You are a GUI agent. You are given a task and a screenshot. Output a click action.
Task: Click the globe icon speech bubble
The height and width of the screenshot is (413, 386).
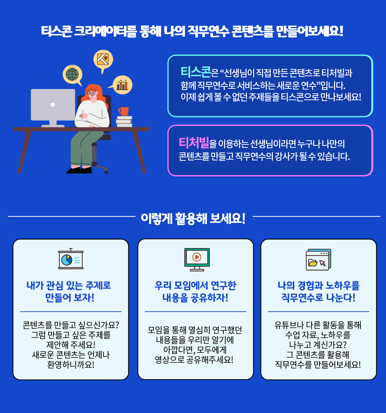pyautogui.click(x=72, y=74)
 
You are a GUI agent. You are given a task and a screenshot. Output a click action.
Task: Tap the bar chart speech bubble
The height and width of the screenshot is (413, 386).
pyautogui.click(x=122, y=85)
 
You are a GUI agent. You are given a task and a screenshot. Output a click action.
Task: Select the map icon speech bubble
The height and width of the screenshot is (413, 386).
pyautogui.click(x=103, y=60)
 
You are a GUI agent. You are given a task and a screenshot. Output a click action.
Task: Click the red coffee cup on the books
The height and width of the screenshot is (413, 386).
pyautogui.click(x=124, y=111)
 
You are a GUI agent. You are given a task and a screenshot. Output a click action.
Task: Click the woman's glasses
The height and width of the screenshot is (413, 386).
pyautogui.click(x=92, y=93)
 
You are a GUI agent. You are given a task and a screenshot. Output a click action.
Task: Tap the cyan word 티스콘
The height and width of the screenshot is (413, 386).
pyautogui.click(x=195, y=72)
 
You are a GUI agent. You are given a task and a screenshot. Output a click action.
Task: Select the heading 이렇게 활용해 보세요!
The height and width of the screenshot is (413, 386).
pyautogui.click(x=193, y=218)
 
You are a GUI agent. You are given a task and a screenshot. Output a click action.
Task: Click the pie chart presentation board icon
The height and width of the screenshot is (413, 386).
pyautogui.click(x=71, y=259)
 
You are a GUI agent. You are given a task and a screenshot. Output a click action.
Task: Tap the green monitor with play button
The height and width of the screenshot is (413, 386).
pyautogui.click(x=197, y=259)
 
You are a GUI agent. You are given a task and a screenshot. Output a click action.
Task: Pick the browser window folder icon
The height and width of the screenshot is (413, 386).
pyautogui.click(x=318, y=259)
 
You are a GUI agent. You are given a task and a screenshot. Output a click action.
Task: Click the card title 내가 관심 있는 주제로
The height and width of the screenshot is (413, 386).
pyautogui.click(x=69, y=285)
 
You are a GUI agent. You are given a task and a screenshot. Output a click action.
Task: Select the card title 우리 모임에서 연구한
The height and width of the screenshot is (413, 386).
pyautogui.click(x=195, y=285)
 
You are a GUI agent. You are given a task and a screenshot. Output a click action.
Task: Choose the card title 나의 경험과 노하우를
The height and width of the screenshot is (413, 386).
pyautogui.click(x=318, y=285)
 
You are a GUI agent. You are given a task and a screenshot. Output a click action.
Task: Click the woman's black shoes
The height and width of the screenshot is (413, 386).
pyautogui.click(x=79, y=170)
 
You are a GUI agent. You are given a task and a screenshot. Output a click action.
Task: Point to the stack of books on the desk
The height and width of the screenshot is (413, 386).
pyautogui.click(x=124, y=122)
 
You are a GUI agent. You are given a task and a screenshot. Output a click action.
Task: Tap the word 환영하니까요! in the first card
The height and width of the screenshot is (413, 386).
pyautogui.click(x=71, y=365)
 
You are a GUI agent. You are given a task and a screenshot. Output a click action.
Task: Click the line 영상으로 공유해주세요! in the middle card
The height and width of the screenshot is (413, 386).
pyautogui.click(x=194, y=360)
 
